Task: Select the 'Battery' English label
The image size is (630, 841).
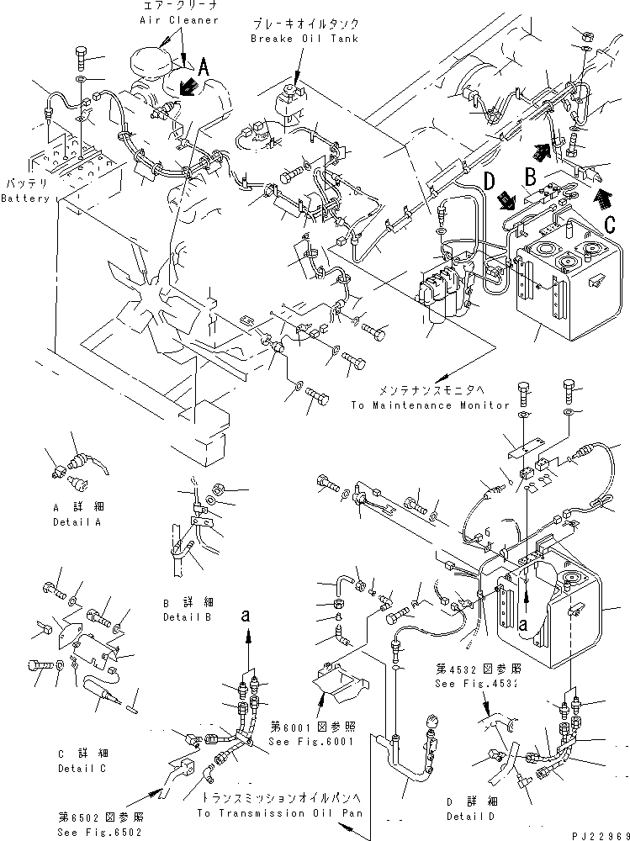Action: point(24,198)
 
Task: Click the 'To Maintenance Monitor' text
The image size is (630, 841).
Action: point(430,405)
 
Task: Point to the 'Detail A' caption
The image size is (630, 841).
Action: point(76,522)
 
